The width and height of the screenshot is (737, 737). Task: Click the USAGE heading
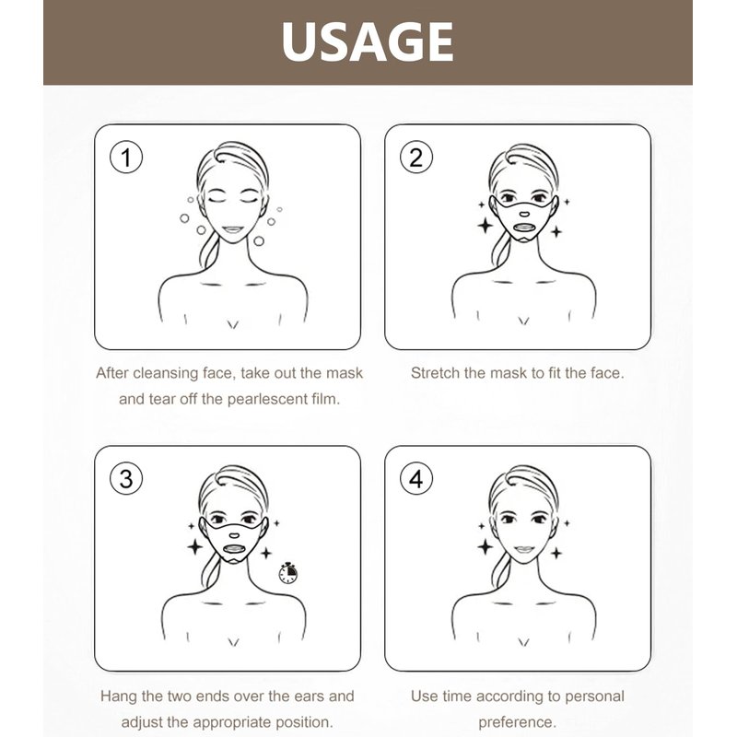(x=368, y=41)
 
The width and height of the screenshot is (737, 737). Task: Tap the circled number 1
(x=126, y=157)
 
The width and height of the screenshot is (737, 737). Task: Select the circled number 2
(x=416, y=157)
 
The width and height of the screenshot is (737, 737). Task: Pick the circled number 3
(x=126, y=478)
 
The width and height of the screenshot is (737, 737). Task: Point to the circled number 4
(x=416, y=478)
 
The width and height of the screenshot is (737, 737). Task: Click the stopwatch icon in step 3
(x=287, y=572)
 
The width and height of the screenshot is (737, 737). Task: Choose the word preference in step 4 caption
(x=517, y=722)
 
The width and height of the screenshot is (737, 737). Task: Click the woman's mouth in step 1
(x=232, y=230)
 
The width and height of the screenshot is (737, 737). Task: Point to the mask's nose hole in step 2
(x=524, y=215)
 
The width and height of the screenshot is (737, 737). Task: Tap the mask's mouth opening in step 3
(x=234, y=548)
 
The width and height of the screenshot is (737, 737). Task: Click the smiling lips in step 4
(x=523, y=549)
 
